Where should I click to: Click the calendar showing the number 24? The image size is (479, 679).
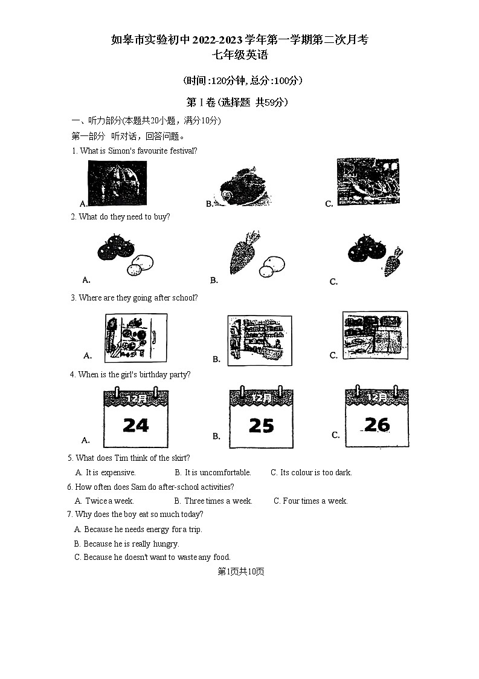pos(136,418)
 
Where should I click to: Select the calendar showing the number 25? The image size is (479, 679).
pos(261,418)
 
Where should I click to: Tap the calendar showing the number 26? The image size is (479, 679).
pos(376,417)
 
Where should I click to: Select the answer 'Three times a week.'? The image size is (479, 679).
pos(217,501)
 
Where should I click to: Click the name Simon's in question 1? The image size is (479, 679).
pos(123,151)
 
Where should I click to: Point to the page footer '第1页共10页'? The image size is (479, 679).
pos(240,571)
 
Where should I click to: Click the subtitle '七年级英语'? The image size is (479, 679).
pos(239,56)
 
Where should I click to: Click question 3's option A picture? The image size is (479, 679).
pos(136,337)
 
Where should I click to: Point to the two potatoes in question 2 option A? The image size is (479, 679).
pos(140,264)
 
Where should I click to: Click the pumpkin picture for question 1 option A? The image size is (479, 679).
pos(117,183)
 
